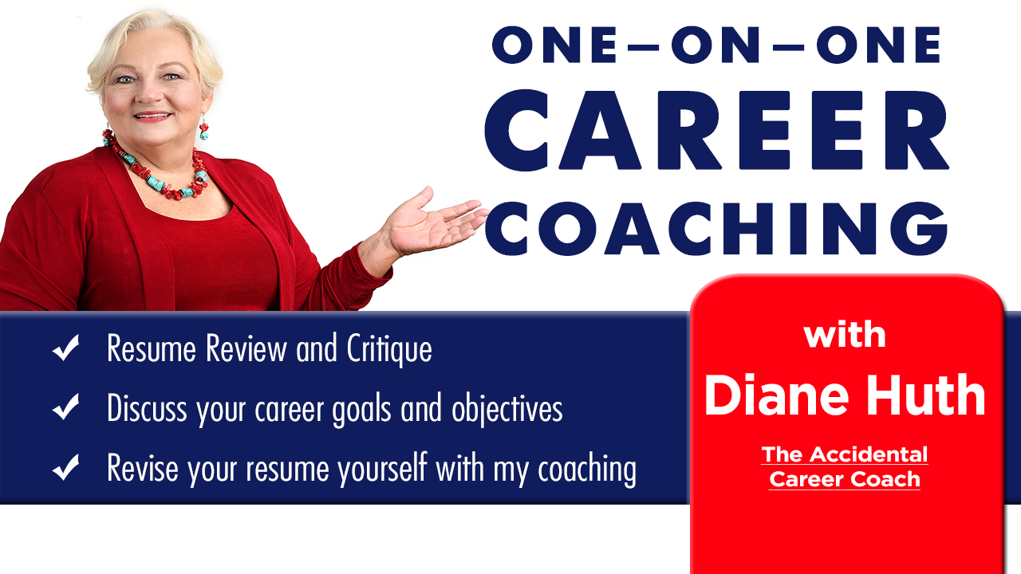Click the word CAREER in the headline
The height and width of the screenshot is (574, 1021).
[716, 130]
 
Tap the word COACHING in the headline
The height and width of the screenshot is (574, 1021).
[716, 228]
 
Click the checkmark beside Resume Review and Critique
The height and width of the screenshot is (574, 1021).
[66, 348]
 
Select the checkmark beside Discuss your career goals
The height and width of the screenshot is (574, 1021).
[66, 407]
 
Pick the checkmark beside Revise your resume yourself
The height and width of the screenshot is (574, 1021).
[66, 467]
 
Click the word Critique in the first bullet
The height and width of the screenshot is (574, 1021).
[389, 350]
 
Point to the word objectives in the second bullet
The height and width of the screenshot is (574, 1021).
[507, 409]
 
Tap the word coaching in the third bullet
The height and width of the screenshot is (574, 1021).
[587, 470]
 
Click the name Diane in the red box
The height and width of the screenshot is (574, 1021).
[777, 395]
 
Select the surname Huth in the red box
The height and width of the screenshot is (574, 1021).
[926, 395]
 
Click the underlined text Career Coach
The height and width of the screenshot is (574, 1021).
[845, 479]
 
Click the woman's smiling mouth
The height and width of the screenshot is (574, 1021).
[152, 116]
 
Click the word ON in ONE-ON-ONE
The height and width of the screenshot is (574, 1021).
[715, 45]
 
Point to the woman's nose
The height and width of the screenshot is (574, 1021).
[148, 93]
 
